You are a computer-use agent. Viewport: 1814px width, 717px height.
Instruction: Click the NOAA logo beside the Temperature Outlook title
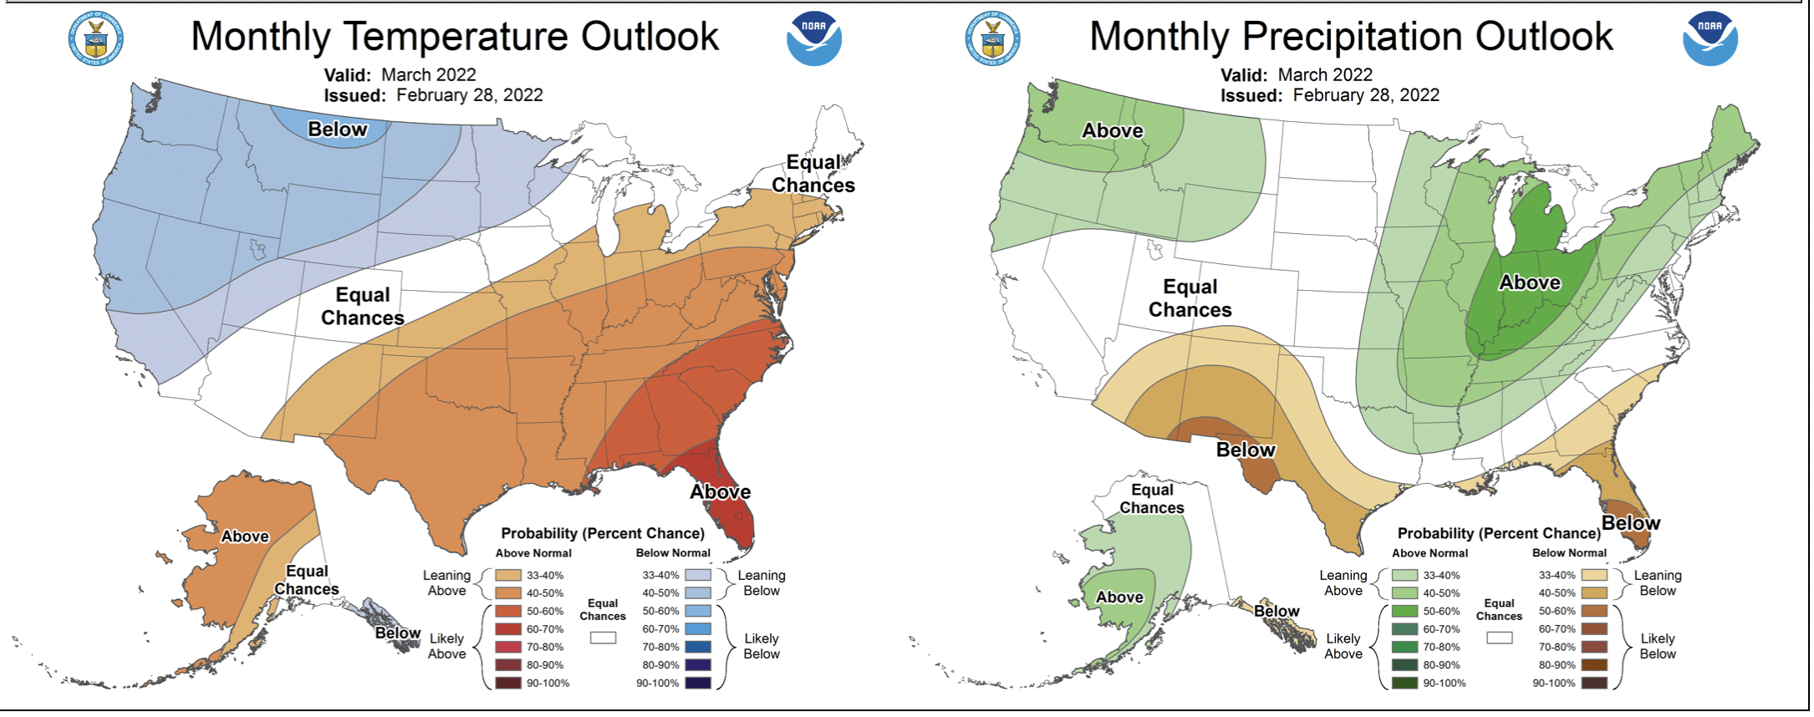click(x=813, y=38)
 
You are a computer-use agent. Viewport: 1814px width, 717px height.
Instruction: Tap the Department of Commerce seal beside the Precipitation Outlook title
click(x=992, y=38)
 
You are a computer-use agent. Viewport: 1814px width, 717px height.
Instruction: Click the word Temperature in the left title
click(x=456, y=37)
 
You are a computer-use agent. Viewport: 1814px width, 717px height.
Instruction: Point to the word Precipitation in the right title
click(x=1352, y=37)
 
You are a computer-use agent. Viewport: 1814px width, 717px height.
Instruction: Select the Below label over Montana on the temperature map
click(x=337, y=130)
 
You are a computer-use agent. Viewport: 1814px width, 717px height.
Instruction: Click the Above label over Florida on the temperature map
click(x=720, y=492)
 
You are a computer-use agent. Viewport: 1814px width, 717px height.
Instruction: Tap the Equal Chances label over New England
click(x=813, y=174)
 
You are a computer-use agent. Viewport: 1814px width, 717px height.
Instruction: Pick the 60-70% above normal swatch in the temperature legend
click(x=508, y=629)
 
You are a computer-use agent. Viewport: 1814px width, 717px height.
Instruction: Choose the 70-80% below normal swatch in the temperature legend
click(x=698, y=647)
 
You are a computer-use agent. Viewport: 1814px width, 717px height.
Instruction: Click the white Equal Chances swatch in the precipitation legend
click(x=1500, y=638)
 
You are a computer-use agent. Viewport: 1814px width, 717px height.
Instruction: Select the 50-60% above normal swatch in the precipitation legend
click(x=1404, y=611)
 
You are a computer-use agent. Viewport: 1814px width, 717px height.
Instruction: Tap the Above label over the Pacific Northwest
click(x=1112, y=131)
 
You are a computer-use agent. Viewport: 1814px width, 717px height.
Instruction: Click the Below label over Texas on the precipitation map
click(x=1246, y=450)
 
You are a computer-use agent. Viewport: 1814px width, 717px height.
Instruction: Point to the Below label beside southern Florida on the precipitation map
click(x=1630, y=524)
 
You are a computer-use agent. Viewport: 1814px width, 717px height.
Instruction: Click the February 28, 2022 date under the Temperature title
click(x=469, y=95)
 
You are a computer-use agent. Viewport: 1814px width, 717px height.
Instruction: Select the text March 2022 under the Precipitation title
click(x=1325, y=75)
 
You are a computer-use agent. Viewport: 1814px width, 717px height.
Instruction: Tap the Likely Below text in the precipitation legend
click(x=1657, y=646)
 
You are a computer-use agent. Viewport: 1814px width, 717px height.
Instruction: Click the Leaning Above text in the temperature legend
click(x=446, y=583)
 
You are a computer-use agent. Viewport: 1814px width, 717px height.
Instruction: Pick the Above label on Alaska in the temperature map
click(x=245, y=536)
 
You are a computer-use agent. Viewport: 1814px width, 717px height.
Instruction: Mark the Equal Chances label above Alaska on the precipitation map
click(x=1152, y=499)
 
